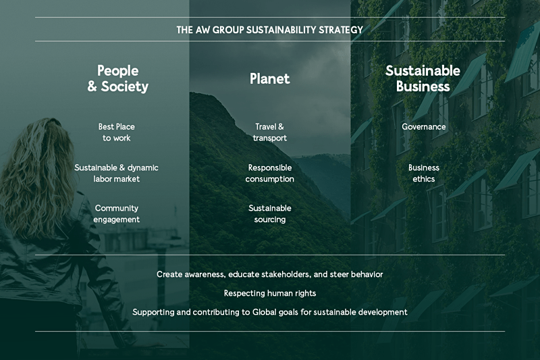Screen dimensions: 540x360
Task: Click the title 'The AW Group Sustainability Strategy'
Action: coord(269,30)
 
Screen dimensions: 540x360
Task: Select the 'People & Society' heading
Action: coord(117,78)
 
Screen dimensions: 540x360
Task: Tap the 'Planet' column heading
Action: coord(269,78)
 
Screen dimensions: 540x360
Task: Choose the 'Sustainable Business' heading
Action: coord(423,78)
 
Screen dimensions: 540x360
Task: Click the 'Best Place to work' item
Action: coord(116,132)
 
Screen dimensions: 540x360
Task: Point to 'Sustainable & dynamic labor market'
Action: coord(116,174)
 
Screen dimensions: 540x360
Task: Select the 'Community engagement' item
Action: coord(116,214)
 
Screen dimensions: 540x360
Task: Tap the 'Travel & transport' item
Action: coord(269,132)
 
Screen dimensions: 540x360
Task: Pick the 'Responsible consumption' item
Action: coord(269,174)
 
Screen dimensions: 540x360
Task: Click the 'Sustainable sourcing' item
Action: coord(269,214)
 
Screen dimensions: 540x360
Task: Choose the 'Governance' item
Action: coord(424,127)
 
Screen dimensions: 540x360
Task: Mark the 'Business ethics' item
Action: coord(424,174)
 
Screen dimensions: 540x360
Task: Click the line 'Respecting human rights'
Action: coord(270,293)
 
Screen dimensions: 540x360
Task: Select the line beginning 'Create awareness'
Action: coord(269,274)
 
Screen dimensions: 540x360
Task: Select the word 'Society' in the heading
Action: coord(125,86)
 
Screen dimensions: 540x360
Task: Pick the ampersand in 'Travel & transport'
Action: coord(281,127)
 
